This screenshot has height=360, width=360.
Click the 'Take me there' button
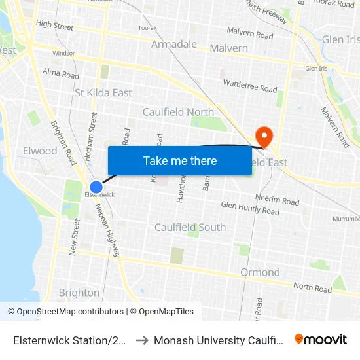pyautogui.click(x=180, y=160)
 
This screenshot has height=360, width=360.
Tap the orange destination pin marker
pyautogui.click(x=264, y=136)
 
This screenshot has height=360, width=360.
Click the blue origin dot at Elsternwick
pyautogui.click(x=96, y=187)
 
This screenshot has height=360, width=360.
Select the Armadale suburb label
pyautogui.click(x=174, y=44)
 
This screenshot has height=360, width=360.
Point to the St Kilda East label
pyautogui.click(x=103, y=93)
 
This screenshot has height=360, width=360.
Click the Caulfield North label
pyautogui.click(x=178, y=112)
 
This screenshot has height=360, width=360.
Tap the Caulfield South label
pyautogui.click(x=190, y=227)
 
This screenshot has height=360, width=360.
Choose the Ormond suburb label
pyautogui.click(x=260, y=272)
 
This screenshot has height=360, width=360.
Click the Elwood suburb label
pyautogui.click(x=40, y=151)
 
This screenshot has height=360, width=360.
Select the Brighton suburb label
pyautogui.click(x=79, y=293)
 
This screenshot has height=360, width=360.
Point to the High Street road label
pyautogui.click(x=55, y=26)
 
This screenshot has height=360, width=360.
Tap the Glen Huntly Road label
pyautogui.click(x=250, y=208)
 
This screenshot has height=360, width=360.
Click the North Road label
pyautogui.click(x=313, y=287)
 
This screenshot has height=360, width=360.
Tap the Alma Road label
pyautogui.click(x=60, y=73)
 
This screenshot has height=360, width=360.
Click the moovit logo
pyautogui.click(x=321, y=340)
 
